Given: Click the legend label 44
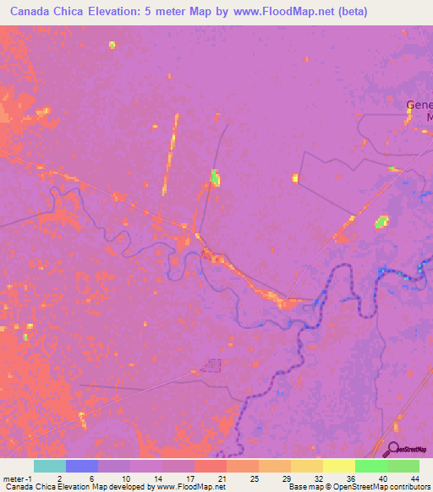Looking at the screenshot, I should (x=414, y=478).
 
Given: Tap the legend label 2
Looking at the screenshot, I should (x=58, y=478).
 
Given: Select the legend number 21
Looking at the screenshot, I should (x=222, y=478).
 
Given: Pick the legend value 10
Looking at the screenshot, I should (x=126, y=478).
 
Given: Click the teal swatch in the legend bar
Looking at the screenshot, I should (x=49, y=466).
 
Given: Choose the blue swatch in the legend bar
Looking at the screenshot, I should (x=81, y=466).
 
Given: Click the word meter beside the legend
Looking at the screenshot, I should (x=12, y=478).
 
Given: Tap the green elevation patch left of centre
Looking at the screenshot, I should (x=215, y=177).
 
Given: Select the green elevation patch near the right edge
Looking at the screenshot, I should (x=382, y=222).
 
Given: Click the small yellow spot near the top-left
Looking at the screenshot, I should (x=112, y=45).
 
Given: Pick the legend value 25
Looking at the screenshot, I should (x=254, y=478).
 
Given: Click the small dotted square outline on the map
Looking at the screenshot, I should (x=211, y=366).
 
